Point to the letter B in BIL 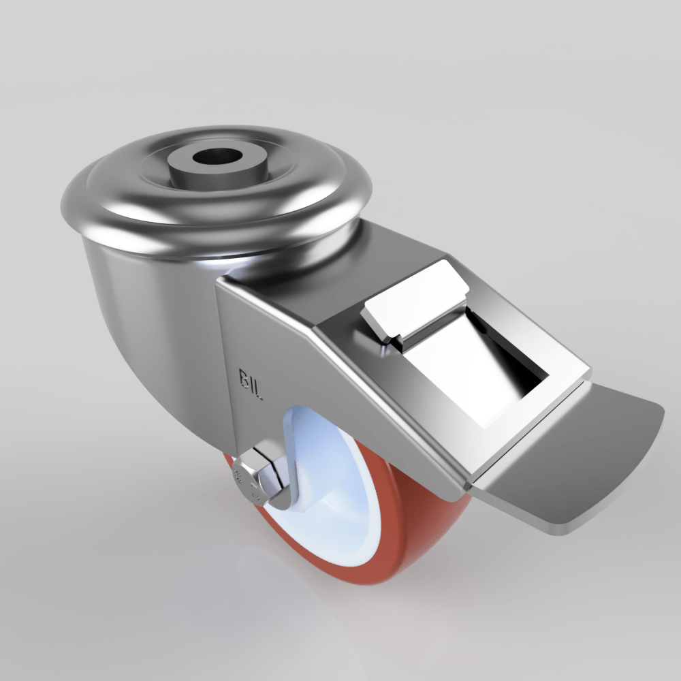coord(243,377)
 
